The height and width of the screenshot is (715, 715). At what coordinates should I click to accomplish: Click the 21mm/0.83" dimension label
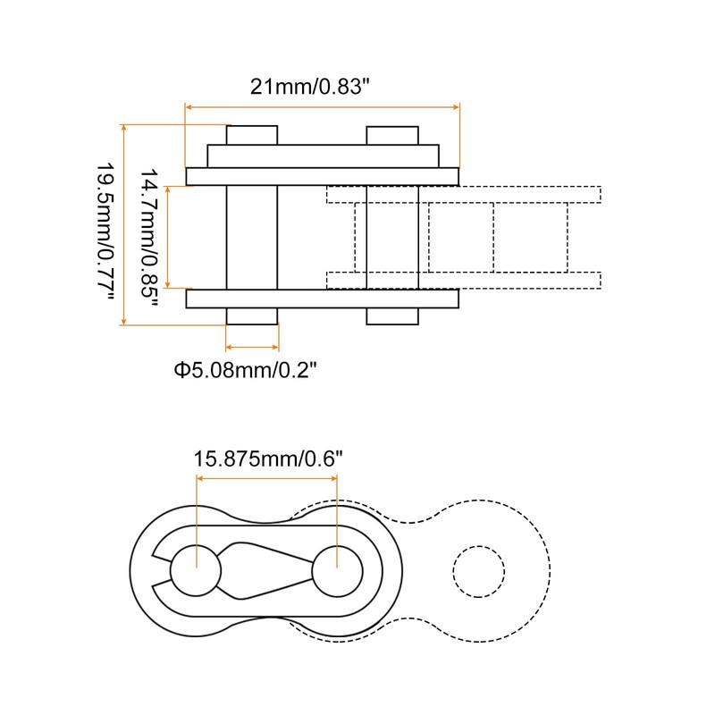click(309, 86)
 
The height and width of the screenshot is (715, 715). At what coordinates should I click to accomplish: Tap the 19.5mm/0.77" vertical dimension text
click(105, 231)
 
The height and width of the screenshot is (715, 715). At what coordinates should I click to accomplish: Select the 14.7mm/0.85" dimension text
click(148, 232)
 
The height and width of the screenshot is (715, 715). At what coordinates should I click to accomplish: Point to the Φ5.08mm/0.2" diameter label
click(245, 369)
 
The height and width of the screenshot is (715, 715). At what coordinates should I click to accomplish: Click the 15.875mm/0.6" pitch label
click(267, 458)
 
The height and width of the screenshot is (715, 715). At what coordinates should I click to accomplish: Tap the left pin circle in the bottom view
click(196, 570)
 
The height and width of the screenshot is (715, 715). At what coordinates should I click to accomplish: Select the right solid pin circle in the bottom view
click(338, 571)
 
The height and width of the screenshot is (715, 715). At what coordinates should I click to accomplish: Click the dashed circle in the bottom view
click(479, 571)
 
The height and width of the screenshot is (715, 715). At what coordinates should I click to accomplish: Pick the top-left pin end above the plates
click(252, 135)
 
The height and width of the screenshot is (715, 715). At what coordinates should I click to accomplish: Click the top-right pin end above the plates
click(392, 136)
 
